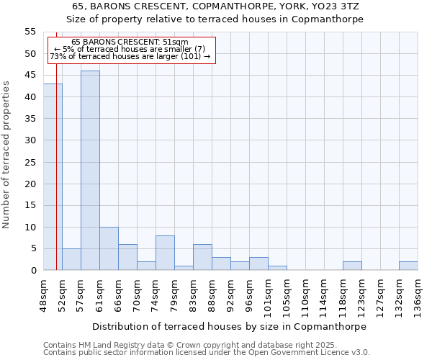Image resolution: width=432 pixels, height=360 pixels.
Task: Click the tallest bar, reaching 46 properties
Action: pyautogui.click(x=90, y=171)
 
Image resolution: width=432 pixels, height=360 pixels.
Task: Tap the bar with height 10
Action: pyautogui.click(x=109, y=248)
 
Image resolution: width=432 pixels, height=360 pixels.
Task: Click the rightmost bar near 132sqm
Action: pyautogui.click(x=408, y=266)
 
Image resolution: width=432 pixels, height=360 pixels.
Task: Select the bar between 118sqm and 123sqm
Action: pyautogui.click(x=352, y=266)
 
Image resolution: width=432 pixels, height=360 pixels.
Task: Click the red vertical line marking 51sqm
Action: pyautogui.click(x=56, y=180)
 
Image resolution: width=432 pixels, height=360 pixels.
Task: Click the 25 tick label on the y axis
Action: pyautogui.click(x=30, y=162)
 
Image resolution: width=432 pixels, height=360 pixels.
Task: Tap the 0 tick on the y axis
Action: pyautogui.click(x=33, y=271)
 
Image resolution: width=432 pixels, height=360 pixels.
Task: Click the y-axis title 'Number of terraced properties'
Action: pyautogui.click(x=6, y=154)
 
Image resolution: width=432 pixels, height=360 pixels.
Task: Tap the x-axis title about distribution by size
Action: pyautogui.click(x=230, y=326)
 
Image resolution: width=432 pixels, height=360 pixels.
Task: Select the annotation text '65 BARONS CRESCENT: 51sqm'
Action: pyautogui.click(x=130, y=42)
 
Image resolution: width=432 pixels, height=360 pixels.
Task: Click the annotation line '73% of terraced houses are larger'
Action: pyautogui.click(x=130, y=56)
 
